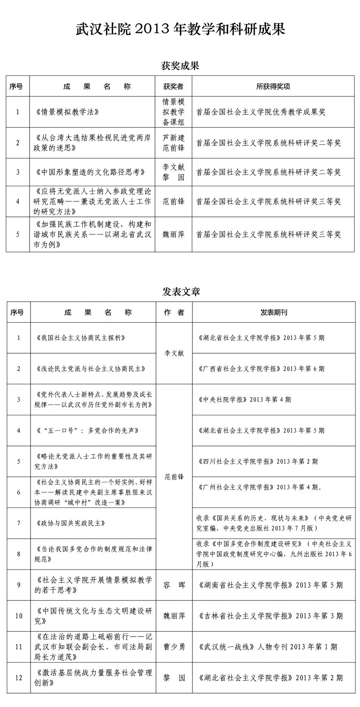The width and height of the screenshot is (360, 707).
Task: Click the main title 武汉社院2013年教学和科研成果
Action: click(x=180, y=30)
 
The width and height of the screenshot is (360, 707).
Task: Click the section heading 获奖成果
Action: click(x=180, y=66)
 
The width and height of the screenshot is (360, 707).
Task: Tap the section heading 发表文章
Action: click(x=181, y=291)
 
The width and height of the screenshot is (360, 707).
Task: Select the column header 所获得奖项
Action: click(x=273, y=86)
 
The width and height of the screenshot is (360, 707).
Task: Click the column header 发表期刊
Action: click(x=273, y=312)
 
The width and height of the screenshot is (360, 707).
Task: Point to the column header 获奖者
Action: click(x=173, y=86)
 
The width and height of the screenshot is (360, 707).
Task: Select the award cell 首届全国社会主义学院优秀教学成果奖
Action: click(x=261, y=112)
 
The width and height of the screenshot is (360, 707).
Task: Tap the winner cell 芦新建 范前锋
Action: click(x=173, y=142)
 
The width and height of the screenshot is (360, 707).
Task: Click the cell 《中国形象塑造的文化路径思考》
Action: click(x=91, y=172)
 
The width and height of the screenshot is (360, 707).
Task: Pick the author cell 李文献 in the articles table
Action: click(x=173, y=353)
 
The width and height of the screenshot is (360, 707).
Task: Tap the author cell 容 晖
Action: click(x=174, y=585)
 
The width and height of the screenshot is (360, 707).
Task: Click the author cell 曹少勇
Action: click(x=174, y=647)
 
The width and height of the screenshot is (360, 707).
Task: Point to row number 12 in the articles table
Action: click(x=19, y=678)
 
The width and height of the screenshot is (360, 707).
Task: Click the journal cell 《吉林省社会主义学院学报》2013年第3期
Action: click(x=270, y=616)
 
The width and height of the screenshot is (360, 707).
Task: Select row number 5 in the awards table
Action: click(x=18, y=234)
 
